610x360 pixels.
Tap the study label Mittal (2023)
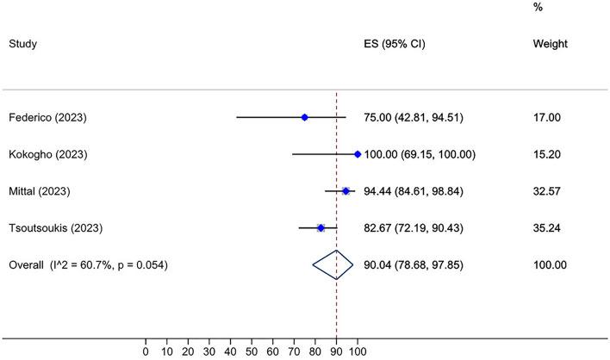40,191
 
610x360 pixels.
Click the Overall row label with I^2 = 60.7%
88,265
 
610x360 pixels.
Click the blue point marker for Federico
304,117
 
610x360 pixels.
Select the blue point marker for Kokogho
357,154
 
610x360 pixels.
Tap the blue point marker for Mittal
345,191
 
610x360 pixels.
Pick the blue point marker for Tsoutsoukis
321,228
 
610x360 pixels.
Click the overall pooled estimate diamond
333,265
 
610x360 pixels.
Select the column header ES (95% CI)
395,42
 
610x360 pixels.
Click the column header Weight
550,42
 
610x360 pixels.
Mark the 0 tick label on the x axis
146,351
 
